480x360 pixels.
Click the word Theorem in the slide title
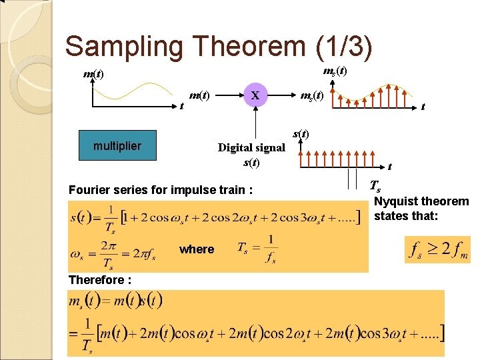click(249, 47)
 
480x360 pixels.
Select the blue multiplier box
click(117, 146)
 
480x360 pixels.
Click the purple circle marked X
click(256, 95)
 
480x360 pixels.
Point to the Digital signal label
click(251, 147)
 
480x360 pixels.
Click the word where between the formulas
click(197, 249)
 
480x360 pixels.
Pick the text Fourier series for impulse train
click(160, 190)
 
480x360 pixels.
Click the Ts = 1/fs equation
click(257, 248)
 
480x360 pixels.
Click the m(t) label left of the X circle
click(199, 96)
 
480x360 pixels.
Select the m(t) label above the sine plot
click(93, 73)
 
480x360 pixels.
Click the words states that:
click(406, 215)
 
